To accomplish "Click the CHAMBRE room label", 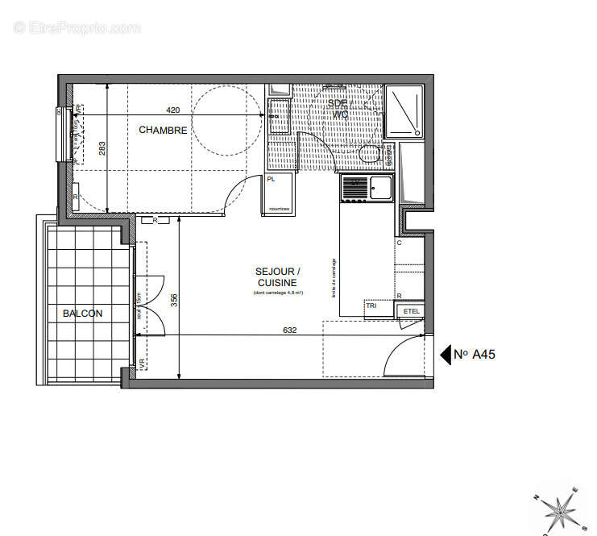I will click(163, 130).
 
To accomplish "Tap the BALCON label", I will click(82, 314).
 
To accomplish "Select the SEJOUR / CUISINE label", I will click(277, 277).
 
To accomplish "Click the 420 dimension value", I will click(172, 110).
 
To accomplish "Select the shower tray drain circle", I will click(417, 133).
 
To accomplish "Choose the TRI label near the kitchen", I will click(371, 306).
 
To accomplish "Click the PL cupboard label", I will click(271, 180).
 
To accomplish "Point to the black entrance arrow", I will click(444, 353).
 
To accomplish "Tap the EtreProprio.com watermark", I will click(77, 27).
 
